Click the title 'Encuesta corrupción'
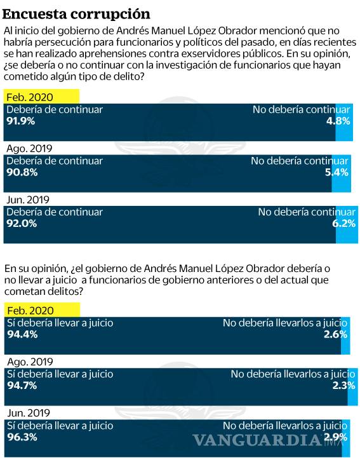[76, 13]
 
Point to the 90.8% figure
[22, 172]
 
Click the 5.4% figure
[338, 172]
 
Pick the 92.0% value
[22, 223]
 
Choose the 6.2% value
[344, 223]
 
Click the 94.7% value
[22, 385]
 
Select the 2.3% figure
[336, 385]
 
